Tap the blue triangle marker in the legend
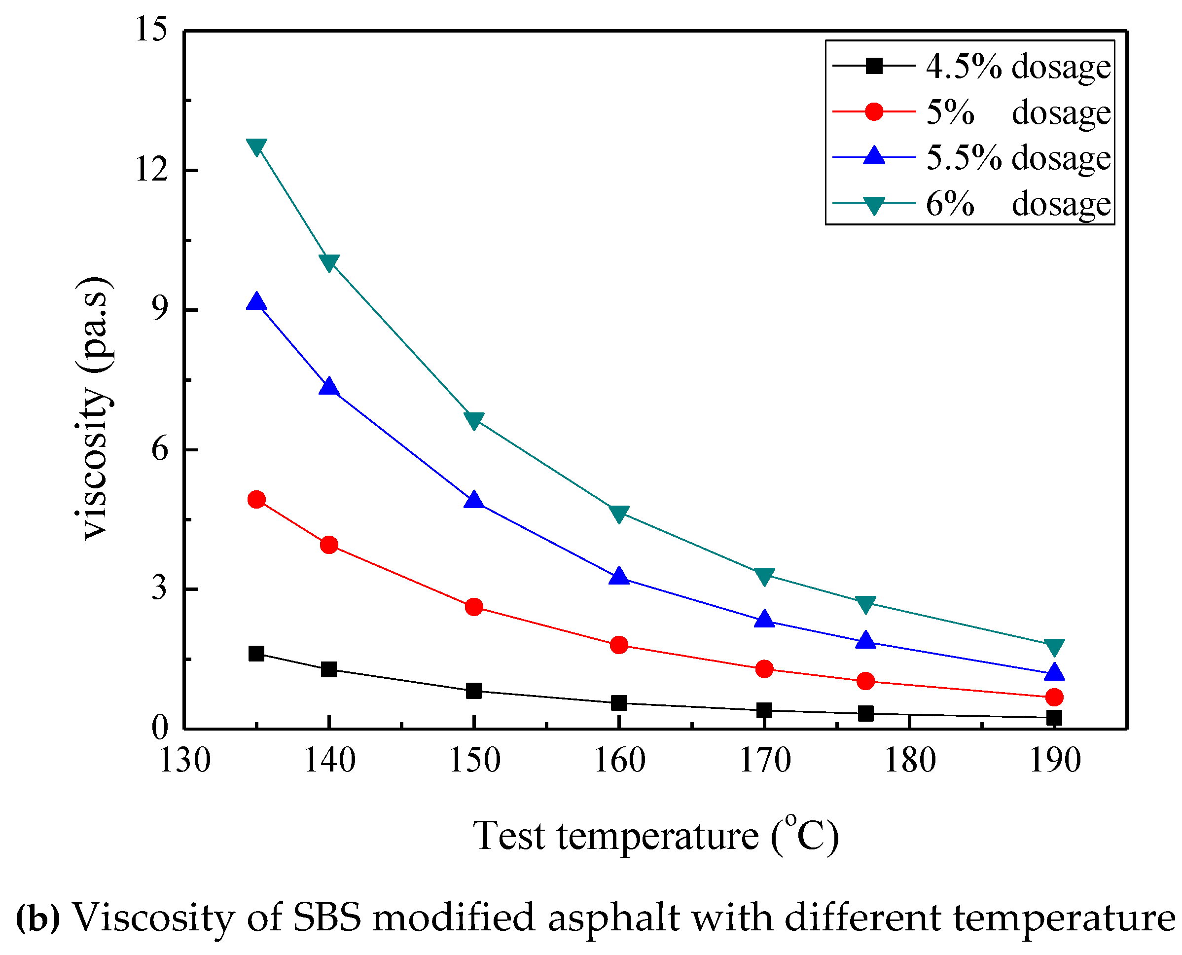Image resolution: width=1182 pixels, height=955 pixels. pyautogui.click(x=873, y=156)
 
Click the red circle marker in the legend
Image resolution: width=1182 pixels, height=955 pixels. pyautogui.click(x=873, y=111)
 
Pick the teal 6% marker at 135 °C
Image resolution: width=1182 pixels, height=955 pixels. pyautogui.click(x=256, y=147)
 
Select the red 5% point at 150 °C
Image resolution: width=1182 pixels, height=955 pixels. pyautogui.click(x=473, y=607)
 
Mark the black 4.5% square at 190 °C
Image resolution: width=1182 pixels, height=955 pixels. pyautogui.click(x=1054, y=718)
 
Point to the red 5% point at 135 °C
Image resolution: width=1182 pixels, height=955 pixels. pyautogui.click(x=256, y=500)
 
